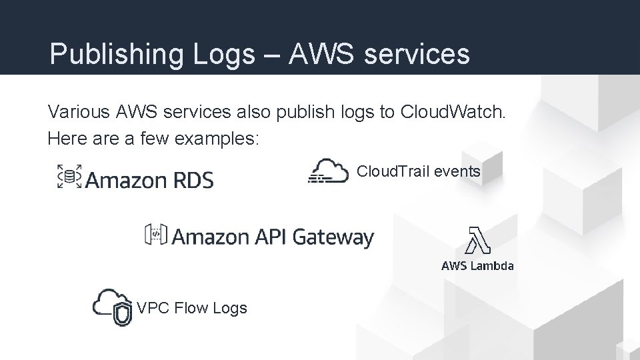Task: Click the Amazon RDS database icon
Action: pyautogui.click(x=69, y=177)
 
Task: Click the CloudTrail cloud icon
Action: pyautogui.click(x=329, y=171)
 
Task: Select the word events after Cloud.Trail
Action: pyautogui.click(x=457, y=171)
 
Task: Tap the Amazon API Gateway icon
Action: pyautogui.click(x=156, y=235)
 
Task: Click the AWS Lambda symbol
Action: pyautogui.click(x=477, y=240)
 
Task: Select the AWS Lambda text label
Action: pyautogui.click(x=477, y=266)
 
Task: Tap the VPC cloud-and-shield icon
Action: pyautogui.click(x=113, y=307)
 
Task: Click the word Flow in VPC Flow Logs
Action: pyautogui.click(x=191, y=308)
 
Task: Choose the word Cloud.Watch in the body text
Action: pyautogui.click(x=453, y=111)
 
